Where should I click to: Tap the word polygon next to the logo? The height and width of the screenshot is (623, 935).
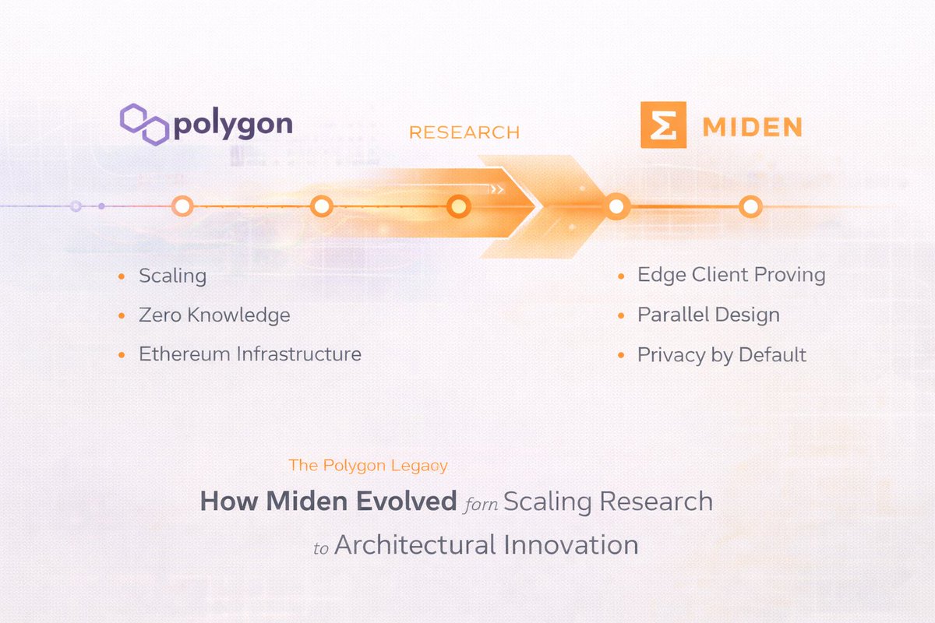point(233,125)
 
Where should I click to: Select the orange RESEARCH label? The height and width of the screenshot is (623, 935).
point(464,132)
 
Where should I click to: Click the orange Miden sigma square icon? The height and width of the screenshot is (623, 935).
point(663,125)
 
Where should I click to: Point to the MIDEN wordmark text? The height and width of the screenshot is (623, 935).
point(751,126)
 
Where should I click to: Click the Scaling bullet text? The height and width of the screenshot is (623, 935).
point(172,276)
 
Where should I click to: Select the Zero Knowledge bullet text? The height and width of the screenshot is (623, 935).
point(214,315)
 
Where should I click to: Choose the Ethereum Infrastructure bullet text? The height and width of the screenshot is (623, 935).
point(250,354)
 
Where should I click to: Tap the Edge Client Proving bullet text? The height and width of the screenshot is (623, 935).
point(732,275)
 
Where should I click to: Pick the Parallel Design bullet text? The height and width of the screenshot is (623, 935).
point(708,315)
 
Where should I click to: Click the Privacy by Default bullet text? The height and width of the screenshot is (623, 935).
point(722,355)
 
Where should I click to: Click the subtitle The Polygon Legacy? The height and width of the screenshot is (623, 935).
point(368,466)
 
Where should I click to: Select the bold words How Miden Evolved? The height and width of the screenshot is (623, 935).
point(328,501)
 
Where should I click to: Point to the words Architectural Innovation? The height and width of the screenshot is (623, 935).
point(486,544)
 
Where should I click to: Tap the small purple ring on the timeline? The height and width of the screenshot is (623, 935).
point(76,206)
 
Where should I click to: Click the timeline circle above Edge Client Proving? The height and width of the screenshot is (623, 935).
point(617,206)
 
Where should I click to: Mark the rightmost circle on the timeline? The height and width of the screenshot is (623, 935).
point(750,206)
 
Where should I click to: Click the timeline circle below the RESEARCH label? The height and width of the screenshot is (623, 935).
point(459,206)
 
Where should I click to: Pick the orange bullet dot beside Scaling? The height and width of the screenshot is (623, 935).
point(121,276)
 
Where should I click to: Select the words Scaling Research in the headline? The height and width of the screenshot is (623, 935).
point(608,501)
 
